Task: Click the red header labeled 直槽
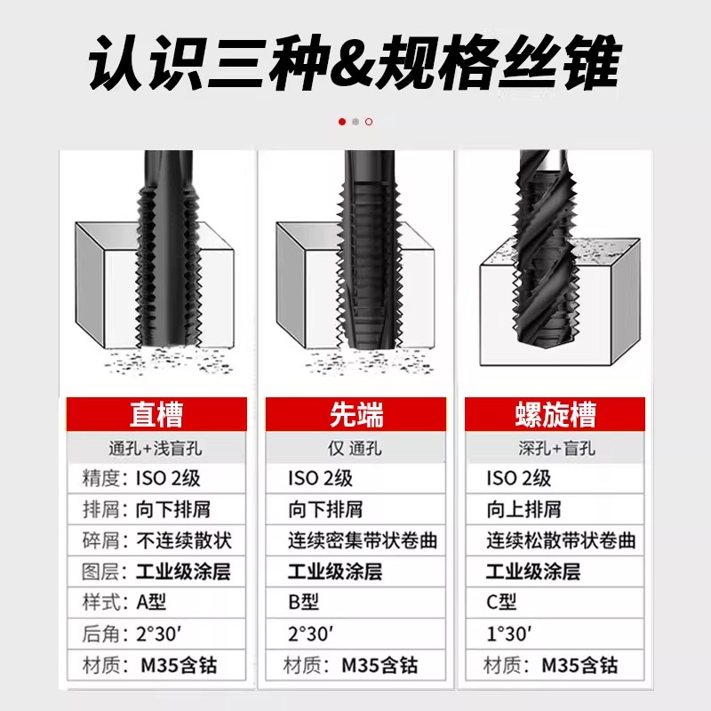(156, 415)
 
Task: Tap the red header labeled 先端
(355, 415)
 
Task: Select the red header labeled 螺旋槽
(555, 415)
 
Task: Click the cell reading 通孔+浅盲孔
(156, 448)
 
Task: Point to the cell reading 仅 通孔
(355, 448)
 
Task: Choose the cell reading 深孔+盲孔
(555, 448)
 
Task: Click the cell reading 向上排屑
(523, 509)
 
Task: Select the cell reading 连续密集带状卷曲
(363, 540)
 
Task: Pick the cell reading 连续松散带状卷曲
(561, 540)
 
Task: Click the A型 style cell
(151, 603)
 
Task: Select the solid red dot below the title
(342, 122)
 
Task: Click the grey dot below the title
(355, 122)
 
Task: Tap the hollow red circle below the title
(369, 122)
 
